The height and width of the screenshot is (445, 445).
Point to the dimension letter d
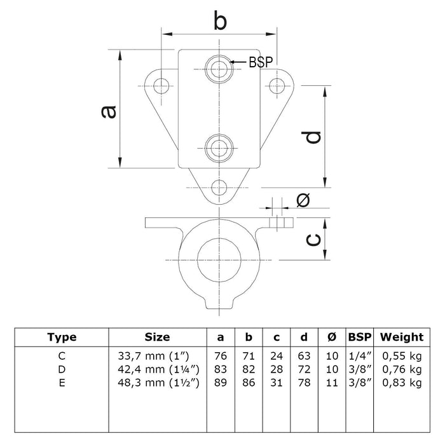pos(311,136)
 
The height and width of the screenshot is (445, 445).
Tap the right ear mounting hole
pos(277,85)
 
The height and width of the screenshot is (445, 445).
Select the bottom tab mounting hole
pos(220,187)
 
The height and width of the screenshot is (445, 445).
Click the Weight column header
pos(401,337)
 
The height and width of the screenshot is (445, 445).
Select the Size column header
pos(157,337)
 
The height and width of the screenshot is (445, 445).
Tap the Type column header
pos(62,337)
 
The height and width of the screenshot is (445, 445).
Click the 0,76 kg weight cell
pos(402,369)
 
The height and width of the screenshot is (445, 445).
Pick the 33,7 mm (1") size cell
pos(157,357)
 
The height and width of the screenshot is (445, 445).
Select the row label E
pos(62,382)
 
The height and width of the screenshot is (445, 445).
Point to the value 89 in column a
pos(220,382)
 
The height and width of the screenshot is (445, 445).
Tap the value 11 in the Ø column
pos(332,382)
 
